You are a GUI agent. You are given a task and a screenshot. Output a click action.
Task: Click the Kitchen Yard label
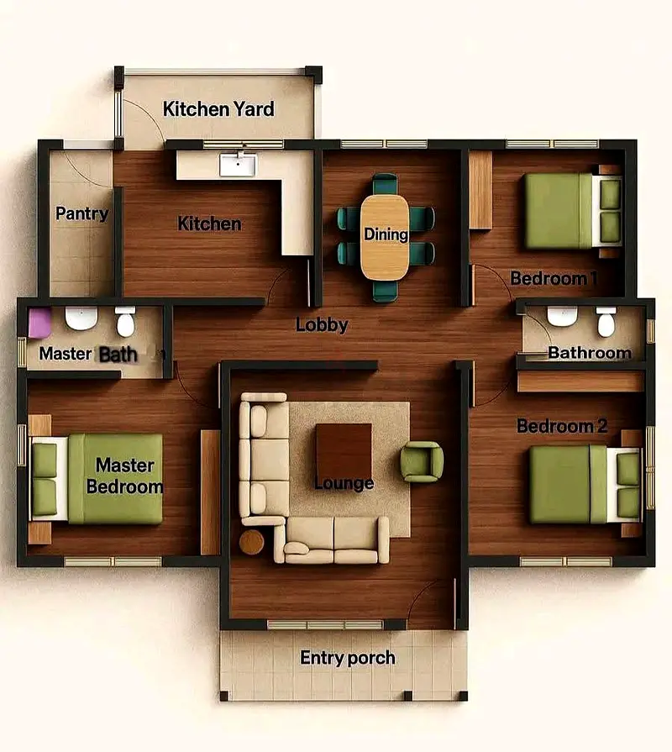[218, 109]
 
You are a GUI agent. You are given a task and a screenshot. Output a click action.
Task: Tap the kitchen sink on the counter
[239, 165]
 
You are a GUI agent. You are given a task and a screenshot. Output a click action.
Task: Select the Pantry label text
[82, 214]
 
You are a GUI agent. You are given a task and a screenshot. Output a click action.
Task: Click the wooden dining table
[385, 237]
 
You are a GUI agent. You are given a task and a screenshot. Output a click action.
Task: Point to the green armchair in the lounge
[422, 462]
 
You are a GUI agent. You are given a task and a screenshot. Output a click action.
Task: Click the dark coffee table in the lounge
[344, 450]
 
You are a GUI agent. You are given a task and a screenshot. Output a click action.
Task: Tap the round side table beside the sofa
[252, 542]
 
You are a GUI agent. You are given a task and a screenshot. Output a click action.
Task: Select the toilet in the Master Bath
[125, 322]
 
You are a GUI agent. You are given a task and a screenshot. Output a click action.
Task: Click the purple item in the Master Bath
[39, 323]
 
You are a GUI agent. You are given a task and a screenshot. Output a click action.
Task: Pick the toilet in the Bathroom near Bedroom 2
[606, 322]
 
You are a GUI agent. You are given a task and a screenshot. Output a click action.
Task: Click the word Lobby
[322, 324]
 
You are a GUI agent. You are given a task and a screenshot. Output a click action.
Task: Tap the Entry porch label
[348, 658]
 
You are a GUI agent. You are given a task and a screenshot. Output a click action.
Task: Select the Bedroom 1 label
[554, 278]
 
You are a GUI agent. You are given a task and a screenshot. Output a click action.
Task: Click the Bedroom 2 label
[562, 426]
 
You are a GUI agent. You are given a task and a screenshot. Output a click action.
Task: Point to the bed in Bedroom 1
[573, 211]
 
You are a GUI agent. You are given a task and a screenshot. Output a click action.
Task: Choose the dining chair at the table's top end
[385, 184]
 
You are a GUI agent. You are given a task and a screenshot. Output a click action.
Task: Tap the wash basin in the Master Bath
[81, 318]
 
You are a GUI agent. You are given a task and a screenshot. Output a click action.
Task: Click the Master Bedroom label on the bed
[124, 476]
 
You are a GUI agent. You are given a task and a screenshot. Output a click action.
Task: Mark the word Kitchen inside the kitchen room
[209, 223]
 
